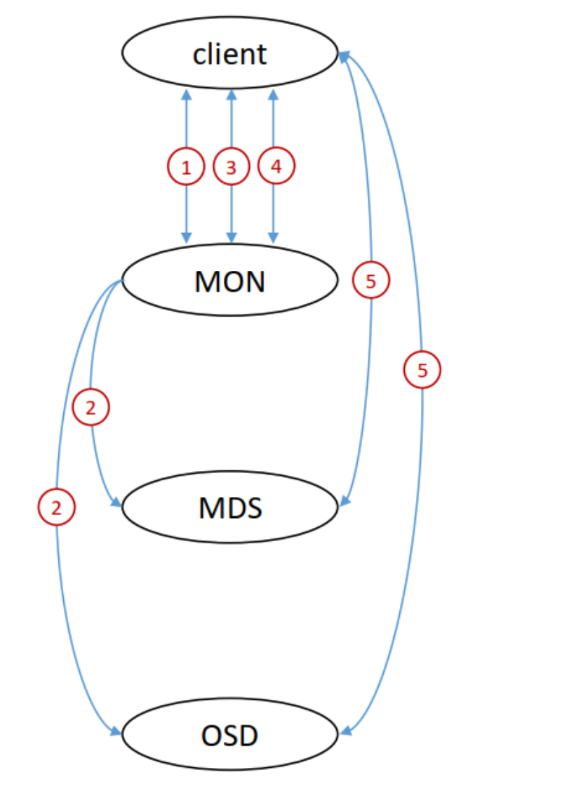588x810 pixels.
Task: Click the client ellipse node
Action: [230, 54]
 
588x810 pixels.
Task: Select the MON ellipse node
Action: [230, 281]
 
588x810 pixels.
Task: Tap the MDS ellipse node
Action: [230, 507]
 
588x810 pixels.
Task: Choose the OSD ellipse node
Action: [230, 735]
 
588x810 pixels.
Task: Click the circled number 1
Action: [186, 167]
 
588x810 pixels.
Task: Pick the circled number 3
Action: [232, 167]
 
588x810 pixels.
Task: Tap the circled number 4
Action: [276, 166]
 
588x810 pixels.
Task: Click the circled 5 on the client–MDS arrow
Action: [371, 281]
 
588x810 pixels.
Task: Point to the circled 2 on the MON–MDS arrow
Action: [91, 407]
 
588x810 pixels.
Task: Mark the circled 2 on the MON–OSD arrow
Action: [56, 505]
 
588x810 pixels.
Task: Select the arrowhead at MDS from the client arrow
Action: [345, 501]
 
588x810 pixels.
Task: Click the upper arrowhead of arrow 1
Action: [187, 94]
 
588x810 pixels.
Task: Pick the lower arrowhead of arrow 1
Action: [187, 238]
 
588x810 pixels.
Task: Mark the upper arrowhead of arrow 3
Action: [232, 94]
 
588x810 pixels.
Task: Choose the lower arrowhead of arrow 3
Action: [232, 238]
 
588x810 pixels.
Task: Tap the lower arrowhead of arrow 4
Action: [273, 238]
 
